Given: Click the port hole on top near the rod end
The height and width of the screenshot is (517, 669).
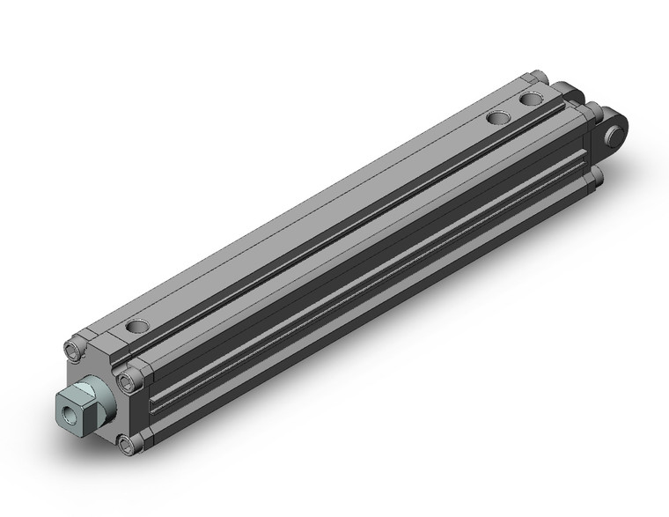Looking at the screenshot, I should pyautogui.click(x=136, y=327).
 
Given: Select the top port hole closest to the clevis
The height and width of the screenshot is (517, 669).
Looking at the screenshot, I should pyautogui.click(x=531, y=100).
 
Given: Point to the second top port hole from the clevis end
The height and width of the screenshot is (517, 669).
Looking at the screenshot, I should pyautogui.click(x=499, y=117).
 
